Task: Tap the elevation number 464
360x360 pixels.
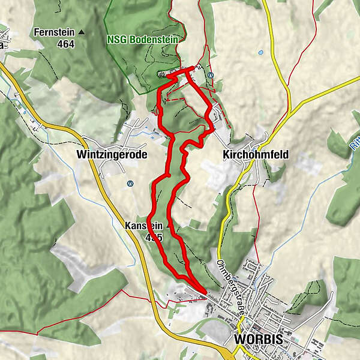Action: tap(65, 44)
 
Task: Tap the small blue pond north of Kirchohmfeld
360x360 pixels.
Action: tap(260, 53)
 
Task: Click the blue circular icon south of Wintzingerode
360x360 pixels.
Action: tap(129, 184)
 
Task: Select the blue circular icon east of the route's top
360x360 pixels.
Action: tap(211, 75)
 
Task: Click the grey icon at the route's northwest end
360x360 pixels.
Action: tap(161, 74)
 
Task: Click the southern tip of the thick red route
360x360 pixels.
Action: tap(205, 292)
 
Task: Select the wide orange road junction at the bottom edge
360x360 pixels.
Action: tap(231, 355)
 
